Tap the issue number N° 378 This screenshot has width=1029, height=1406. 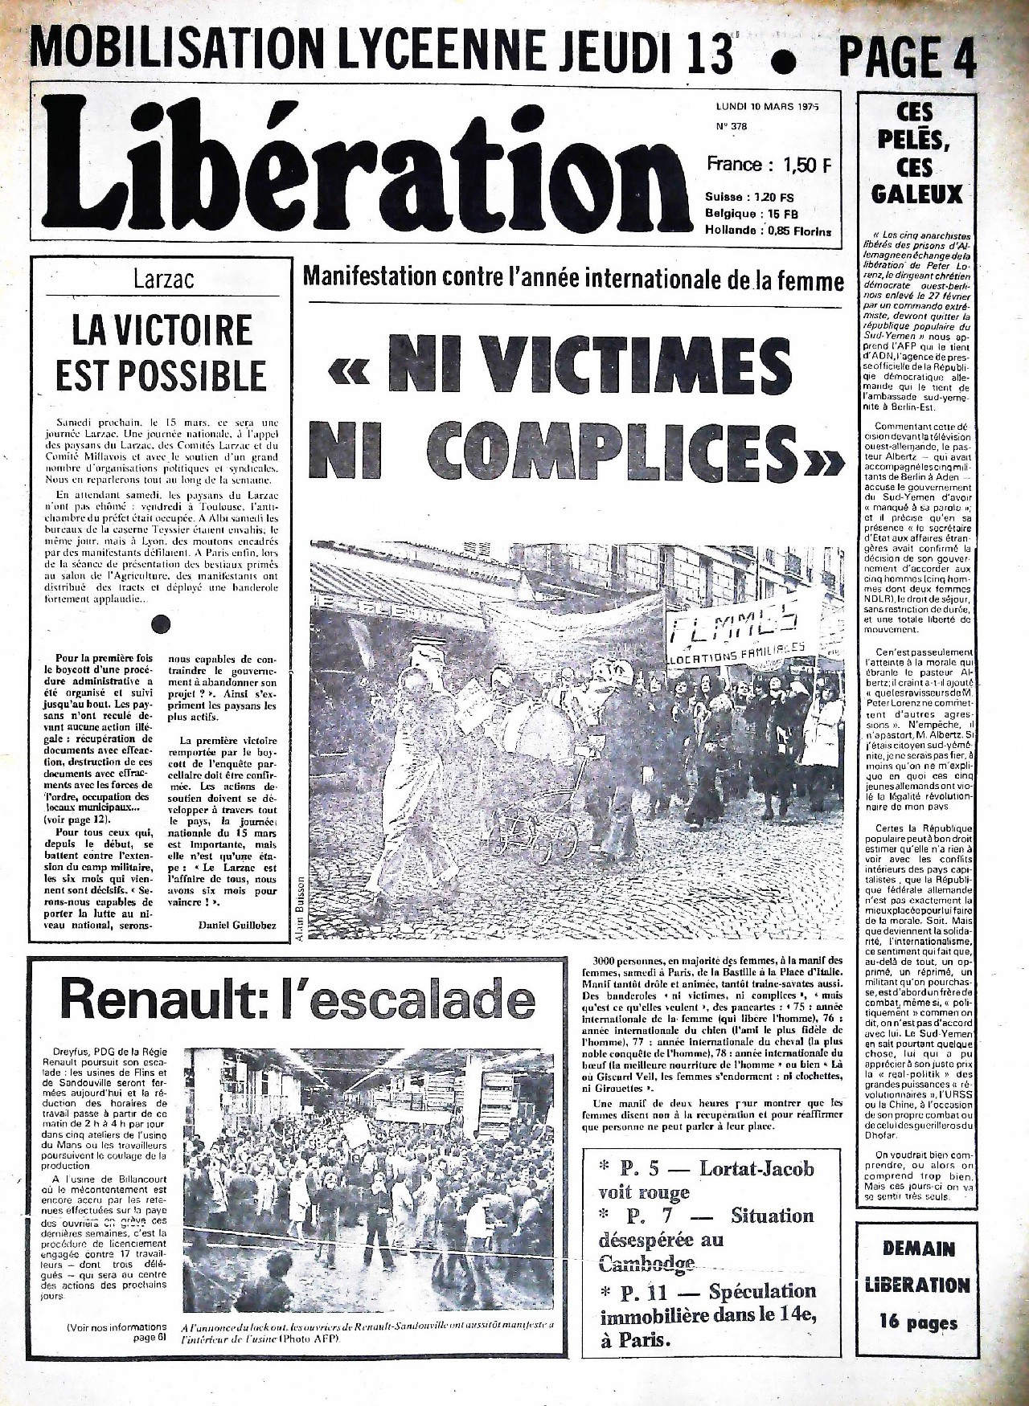(730, 126)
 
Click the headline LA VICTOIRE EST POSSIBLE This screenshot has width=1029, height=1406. (162, 353)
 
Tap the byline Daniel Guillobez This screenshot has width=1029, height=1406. (236, 926)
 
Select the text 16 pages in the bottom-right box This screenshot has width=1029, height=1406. (919, 1322)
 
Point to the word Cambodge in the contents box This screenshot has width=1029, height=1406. (647, 1264)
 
